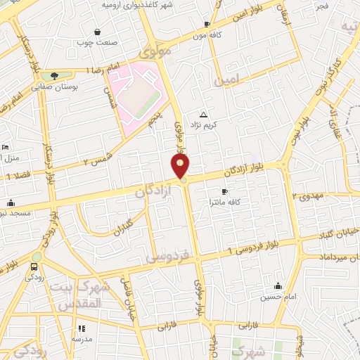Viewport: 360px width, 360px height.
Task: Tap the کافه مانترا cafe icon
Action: pyautogui.click(x=224, y=191)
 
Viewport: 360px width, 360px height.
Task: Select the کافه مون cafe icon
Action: pyautogui.click(x=207, y=24)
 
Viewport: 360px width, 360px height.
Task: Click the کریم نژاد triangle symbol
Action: pyautogui.click(x=204, y=114)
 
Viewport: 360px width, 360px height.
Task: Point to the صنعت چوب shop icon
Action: pyautogui.click(x=97, y=32)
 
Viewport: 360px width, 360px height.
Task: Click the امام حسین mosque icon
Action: pyautogui.click(x=278, y=285)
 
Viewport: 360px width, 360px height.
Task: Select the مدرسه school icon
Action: pyautogui.click(x=82, y=328)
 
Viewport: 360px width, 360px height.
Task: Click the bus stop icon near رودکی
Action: pyautogui.click(x=34, y=266)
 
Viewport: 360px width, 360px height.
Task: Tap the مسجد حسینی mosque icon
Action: pyautogui.click(x=11, y=203)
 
